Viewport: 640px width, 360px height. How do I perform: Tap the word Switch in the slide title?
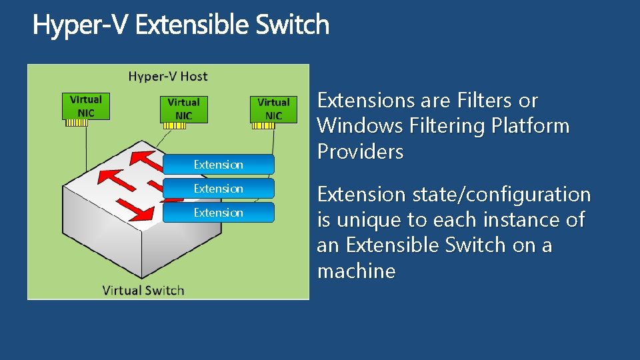pos(292,25)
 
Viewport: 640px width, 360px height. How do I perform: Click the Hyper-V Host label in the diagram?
pos(168,76)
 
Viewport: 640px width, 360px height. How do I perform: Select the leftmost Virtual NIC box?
pos(86,106)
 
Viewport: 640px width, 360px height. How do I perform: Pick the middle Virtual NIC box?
pos(183,109)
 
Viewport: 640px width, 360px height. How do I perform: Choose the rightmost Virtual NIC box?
pos(273,109)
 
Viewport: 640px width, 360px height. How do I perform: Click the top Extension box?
pos(218,165)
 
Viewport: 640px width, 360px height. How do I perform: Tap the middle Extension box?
pos(218,189)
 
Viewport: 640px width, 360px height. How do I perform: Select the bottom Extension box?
pos(218,213)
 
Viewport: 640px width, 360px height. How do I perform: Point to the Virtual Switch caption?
pos(143,290)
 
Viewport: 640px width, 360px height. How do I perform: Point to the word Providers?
pos(361,152)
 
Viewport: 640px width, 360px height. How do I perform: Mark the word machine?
pos(356,271)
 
